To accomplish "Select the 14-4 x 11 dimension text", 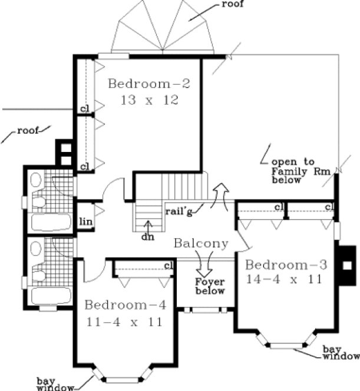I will [285, 280].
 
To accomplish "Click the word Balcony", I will [200, 243].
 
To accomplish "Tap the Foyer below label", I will [210, 286].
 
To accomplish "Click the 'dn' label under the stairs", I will [147, 237].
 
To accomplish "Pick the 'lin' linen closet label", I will [84, 221].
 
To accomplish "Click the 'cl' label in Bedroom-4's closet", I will [168, 266].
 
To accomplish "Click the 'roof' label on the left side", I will [27, 131].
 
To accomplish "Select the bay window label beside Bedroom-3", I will [340, 352].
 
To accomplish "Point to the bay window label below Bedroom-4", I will [56, 383].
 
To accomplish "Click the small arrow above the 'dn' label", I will [147, 226].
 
